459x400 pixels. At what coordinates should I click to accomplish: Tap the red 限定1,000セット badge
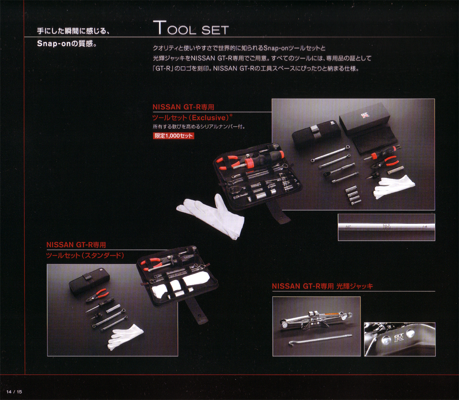(x=174, y=136)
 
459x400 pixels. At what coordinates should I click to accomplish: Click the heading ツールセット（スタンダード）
(x=86, y=255)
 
